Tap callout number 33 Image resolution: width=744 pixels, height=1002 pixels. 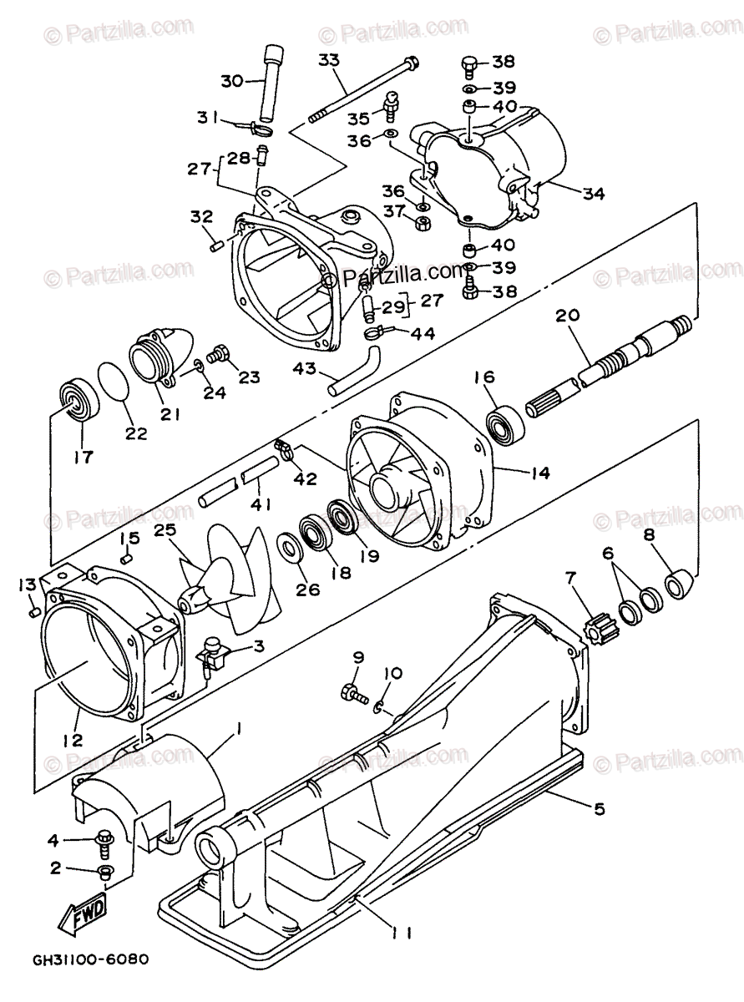pyautogui.click(x=329, y=60)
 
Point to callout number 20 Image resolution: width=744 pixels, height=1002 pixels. pyautogui.click(x=568, y=316)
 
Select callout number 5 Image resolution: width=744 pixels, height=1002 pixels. pyautogui.click(x=600, y=809)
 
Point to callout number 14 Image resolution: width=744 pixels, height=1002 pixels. pyautogui.click(x=539, y=473)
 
